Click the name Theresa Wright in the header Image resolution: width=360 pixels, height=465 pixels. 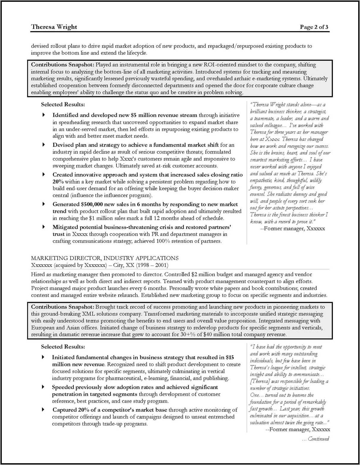point(54,27)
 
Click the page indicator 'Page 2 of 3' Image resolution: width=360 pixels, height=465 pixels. point(314,27)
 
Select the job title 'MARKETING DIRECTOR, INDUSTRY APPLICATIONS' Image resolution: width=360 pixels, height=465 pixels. point(105,258)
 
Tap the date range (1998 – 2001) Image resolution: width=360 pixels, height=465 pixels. point(152,265)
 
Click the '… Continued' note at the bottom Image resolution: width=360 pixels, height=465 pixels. point(315,439)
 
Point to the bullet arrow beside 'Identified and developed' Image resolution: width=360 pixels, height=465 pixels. point(44,115)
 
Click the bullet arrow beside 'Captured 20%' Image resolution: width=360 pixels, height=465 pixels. point(43,410)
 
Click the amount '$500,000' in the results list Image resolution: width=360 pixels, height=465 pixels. point(91,204)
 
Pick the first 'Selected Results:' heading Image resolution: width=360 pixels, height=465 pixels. point(63,104)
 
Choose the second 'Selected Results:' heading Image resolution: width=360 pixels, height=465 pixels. point(63,347)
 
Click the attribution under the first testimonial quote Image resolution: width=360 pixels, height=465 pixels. point(292,229)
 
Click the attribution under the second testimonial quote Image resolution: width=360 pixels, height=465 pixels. point(297,430)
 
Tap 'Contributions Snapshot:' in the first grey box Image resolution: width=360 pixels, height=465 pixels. point(62,65)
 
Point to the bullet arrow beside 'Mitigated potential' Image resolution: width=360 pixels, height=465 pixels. point(44,227)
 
